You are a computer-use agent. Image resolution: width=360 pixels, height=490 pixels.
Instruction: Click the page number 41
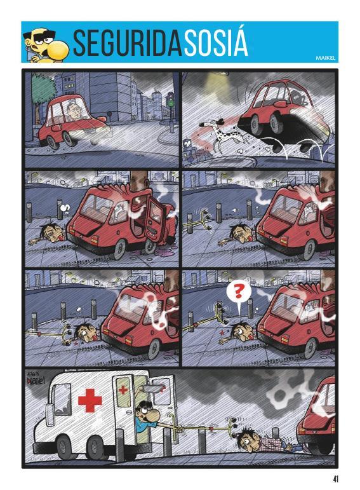[335, 479]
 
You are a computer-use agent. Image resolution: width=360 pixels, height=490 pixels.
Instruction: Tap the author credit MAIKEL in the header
[325, 58]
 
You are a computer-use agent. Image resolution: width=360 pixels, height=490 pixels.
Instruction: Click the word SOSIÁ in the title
[216, 43]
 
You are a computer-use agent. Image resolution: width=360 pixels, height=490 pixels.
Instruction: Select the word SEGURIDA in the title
[128, 43]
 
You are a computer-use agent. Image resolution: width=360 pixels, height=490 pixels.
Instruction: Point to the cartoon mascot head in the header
[46, 45]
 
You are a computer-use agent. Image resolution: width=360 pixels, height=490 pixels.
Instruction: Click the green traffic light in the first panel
[171, 99]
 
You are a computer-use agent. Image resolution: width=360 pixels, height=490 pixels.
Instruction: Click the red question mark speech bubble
[239, 293]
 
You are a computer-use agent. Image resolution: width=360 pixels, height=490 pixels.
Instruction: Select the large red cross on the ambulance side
[90, 400]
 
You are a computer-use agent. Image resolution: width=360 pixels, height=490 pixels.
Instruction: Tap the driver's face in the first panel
[75, 111]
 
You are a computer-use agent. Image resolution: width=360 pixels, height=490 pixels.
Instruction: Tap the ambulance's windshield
[60, 399]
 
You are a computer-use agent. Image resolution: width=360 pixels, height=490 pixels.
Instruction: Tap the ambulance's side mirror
[48, 414]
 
